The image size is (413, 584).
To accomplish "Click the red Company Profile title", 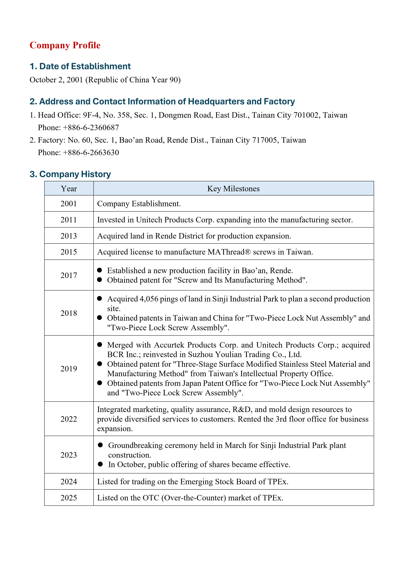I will click(x=65, y=45).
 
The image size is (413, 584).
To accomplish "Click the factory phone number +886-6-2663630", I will click(x=91, y=153).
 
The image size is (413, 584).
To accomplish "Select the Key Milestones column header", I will click(x=233, y=189).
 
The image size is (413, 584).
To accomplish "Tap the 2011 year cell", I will click(x=69, y=220).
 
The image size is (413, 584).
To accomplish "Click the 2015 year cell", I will click(x=69, y=252).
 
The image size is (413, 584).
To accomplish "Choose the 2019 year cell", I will click(x=69, y=369).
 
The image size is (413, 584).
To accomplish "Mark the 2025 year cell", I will click(x=69, y=498).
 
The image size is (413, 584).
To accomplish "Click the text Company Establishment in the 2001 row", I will click(x=139, y=204).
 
